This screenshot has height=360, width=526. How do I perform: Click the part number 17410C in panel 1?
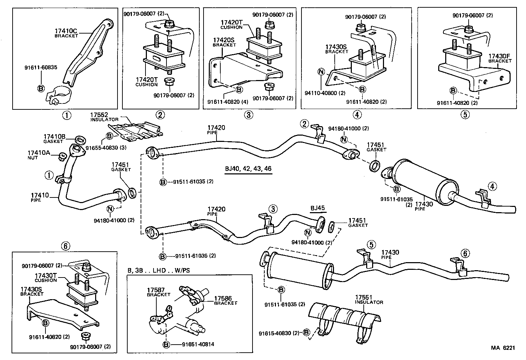pos(66,31)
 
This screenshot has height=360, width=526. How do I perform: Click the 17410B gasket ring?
pos(80,140)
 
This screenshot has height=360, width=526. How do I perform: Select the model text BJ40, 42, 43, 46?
pos(248,168)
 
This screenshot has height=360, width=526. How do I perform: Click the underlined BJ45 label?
pos(318,208)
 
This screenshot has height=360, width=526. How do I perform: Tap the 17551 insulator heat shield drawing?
pos(344,313)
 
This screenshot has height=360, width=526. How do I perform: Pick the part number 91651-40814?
pos(198,344)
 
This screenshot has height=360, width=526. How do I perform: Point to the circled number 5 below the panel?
pos(464,115)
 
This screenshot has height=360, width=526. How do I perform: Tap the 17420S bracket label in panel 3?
pos(224,41)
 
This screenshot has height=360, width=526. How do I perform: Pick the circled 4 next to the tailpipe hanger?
pos(492,186)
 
